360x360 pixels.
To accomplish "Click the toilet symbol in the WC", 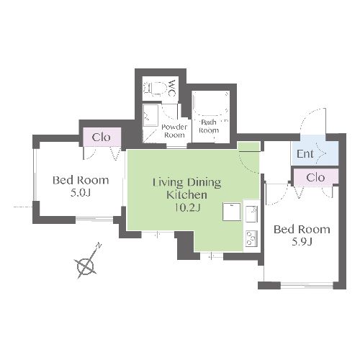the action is [155, 89].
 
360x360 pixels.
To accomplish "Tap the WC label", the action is [172, 89].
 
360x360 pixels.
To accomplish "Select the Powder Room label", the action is [174, 131].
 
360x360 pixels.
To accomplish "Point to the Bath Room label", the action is [209, 126].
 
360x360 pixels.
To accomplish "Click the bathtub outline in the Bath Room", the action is [211, 103].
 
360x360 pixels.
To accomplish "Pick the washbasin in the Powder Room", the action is [150, 115].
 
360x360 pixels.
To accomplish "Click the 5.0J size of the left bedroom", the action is [81, 193].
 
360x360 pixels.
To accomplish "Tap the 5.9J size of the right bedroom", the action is [302, 242].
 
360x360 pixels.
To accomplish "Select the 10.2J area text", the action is [187, 207].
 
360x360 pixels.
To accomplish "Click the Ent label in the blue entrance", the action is [305, 154].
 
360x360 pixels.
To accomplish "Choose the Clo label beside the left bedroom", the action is [102, 138].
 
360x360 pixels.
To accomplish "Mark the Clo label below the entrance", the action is [315, 178].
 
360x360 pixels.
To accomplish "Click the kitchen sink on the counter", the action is [251, 214].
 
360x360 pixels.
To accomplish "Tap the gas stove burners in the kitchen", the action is [251, 239].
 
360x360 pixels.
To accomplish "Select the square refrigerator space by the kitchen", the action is [232, 212].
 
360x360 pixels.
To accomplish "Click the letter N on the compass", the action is [99, 246].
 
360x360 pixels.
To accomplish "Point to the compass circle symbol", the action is [85, 266].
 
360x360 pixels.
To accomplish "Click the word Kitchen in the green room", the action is [186, 195].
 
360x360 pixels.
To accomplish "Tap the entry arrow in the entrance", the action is [321, 153].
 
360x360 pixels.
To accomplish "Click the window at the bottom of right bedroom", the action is [307, 285].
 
